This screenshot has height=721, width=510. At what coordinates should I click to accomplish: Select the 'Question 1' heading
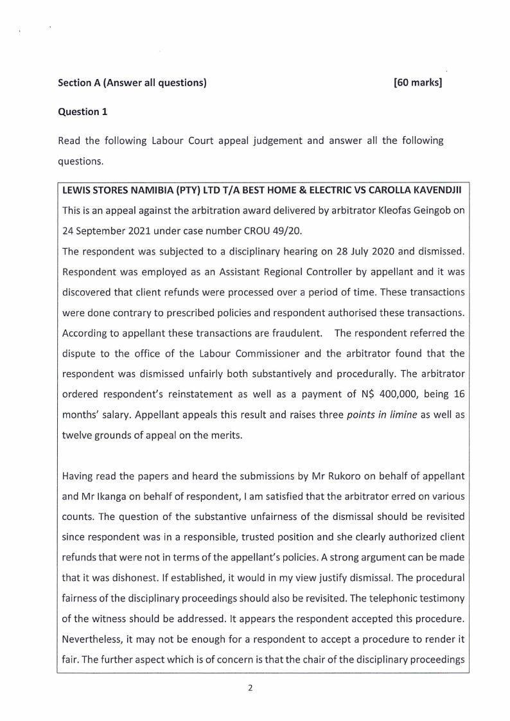(83, 112)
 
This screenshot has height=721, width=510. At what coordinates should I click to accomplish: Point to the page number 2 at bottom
(250, 688)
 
